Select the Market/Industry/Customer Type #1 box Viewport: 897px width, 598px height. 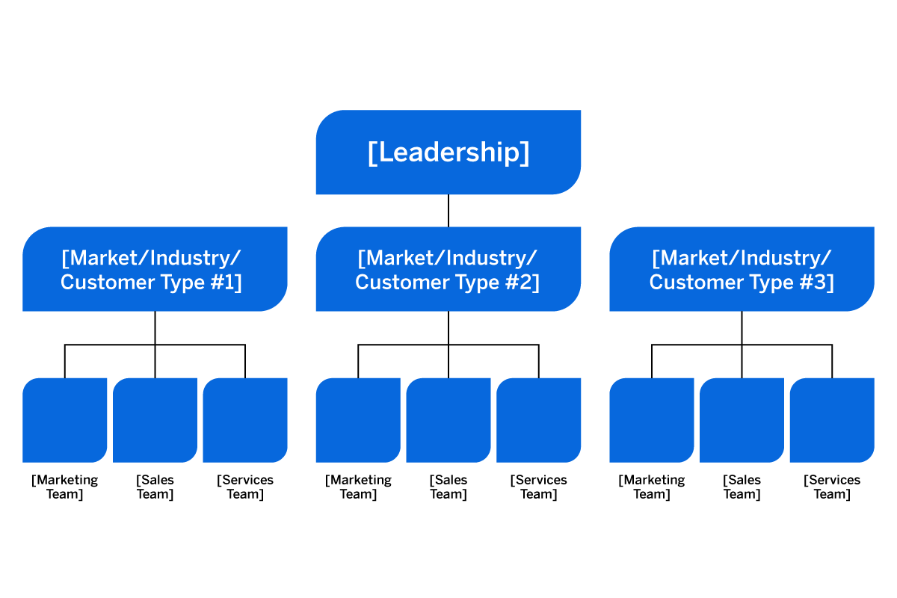(x=155, y=269)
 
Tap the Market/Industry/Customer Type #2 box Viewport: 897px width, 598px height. (x=448, y=269)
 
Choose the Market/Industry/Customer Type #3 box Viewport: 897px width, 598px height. (x=742, y=269)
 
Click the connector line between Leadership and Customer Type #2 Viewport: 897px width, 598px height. (x=449, y=211)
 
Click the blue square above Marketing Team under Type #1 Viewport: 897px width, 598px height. (x=64, y=420)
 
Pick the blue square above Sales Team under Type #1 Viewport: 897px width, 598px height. (x=155, y=420)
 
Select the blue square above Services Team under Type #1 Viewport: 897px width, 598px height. (x=245, y=420)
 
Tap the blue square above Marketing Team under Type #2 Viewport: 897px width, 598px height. (x=358, y=420)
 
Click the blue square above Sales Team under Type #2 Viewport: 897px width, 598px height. (x=449, y=420)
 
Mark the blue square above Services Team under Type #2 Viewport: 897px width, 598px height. (x=538, y=420)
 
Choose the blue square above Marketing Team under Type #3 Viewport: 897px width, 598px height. (x=651, y=420)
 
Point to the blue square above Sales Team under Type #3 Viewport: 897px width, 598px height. (x=742, y=420)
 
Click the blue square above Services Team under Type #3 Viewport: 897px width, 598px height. (x=832, y=420)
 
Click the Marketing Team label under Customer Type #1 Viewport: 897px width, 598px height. (x=64, y=487)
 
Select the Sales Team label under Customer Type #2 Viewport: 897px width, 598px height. (x=449, y=487)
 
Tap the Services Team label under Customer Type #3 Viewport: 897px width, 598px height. (x=832, y=487)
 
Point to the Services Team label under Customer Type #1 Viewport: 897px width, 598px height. (x=245, y=487)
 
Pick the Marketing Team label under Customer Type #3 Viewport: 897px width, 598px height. (x=651, y=487)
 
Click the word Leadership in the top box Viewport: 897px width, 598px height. (x=449, y=152)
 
